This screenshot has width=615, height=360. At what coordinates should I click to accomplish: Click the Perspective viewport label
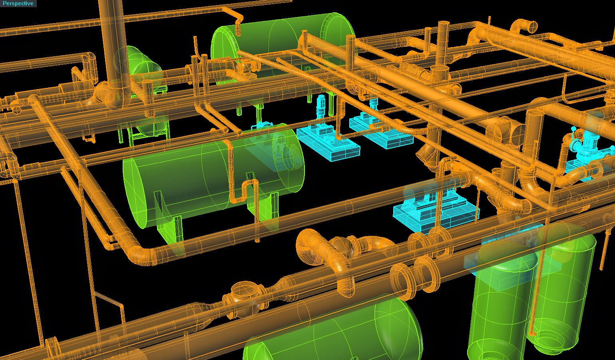coord(18,3)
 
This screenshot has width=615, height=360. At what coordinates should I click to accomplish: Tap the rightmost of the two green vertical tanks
coord(563,288)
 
